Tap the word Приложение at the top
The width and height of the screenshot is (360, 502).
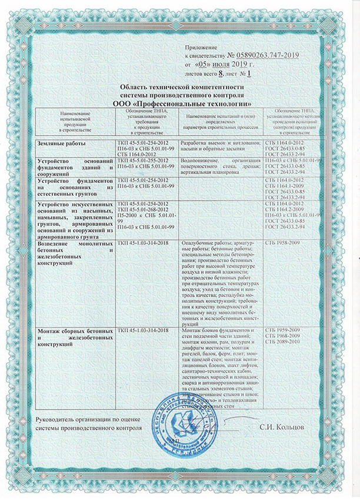pyautogui.click(x=202, y=45)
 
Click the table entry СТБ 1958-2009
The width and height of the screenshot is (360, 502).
pyautogui.click(x=283, y=243)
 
